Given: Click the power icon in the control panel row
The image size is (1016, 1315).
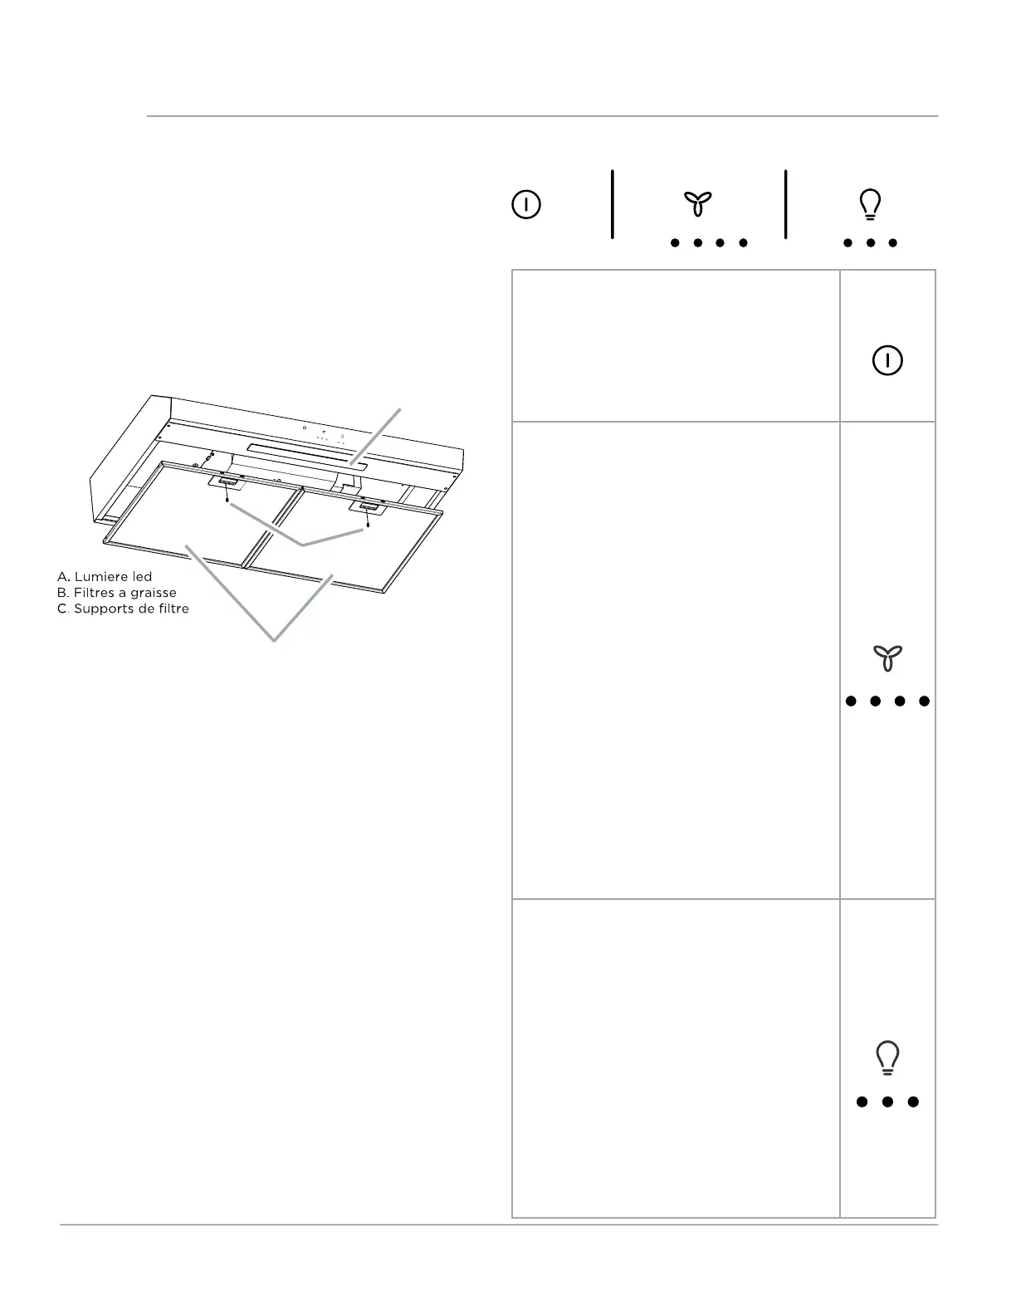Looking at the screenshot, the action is pyautogui.click(x=526, y=204).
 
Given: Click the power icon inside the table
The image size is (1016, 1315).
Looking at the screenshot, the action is pyautogui.click(x=887, y=360).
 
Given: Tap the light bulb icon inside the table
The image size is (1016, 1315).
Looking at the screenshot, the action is pyautogui.click(x=887, y=1058).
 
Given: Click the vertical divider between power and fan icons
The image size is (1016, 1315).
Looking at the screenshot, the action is pyautogui.click(x=613, y=204).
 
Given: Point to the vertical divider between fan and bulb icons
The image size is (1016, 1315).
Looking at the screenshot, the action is pyautogui.click(x=785, y=204).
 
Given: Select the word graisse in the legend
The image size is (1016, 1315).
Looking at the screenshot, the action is pyautogui.click(x=152, y=593).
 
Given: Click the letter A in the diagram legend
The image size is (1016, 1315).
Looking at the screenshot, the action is pyautogui.click(x=61, y=577).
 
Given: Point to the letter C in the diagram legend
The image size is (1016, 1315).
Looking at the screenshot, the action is pyautogui.click(x=61, y=609).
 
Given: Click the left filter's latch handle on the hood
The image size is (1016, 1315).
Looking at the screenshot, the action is pyautogui.click(x=227, y=482).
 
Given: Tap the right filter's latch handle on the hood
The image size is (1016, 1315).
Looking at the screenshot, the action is pyautogui.click(x=367, y=506).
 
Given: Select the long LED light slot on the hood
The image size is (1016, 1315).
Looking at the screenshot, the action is pyautogui.click(x=307, y=457).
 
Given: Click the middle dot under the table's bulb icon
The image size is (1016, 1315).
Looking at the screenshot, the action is pyautogui.click(x=887, y=1102).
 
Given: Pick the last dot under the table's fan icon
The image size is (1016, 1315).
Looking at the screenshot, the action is pyautogui.click(x=924, y=701).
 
